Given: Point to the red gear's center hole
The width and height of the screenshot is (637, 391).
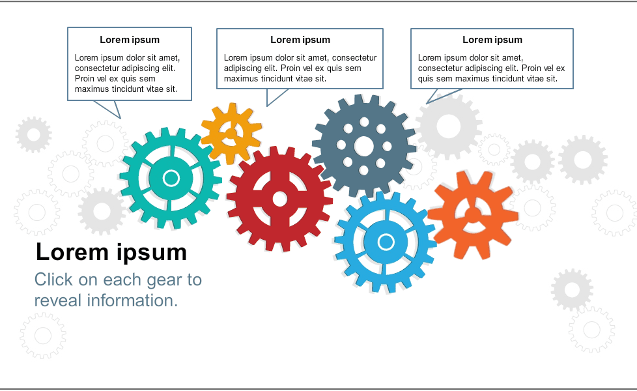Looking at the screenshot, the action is click(279, 199).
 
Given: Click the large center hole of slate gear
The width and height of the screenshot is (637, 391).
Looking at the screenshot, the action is click(364, 147).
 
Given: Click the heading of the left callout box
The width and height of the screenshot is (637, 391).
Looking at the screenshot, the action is click(130, 40).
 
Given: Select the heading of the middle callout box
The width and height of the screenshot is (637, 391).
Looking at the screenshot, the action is click(300, 40).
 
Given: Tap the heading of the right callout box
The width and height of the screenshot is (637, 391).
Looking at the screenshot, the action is click(492, 40).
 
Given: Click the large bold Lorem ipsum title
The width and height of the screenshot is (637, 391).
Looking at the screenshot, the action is click(111, 252).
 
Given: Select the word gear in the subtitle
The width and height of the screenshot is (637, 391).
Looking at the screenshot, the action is click(164, 280).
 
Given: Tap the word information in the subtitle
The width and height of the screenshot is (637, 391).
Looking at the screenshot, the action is click(132, 301).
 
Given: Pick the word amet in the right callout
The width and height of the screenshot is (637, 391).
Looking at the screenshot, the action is click(513, 58).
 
